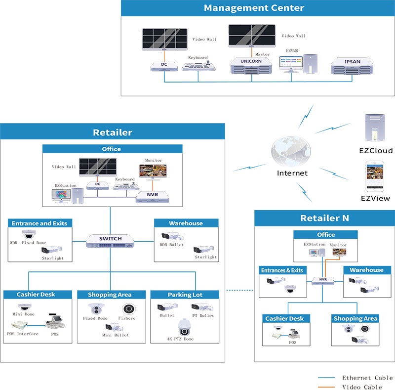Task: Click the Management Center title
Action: [254, 8]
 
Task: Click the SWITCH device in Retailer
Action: [110, 241]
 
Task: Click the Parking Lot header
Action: [185, 295]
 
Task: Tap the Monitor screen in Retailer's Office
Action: [153, 171]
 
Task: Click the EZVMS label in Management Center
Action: [292, 51]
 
